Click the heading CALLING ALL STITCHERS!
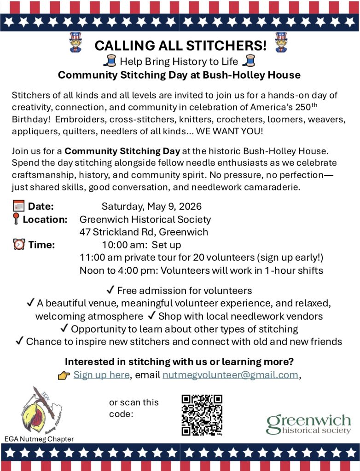[x=180, y=46]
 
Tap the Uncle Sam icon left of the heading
[x=75, y=43]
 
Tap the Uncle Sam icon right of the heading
[x=281, y=43]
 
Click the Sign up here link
[x=101, y=375]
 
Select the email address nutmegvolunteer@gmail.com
[x=230, y=375]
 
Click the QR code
[x=202, y=415]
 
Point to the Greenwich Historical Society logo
[x=308, y=424]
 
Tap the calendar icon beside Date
[x=19, y=207]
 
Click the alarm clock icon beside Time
[x=19, y=245]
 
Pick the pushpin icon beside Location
[x=16, y=219]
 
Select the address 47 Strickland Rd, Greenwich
[x=144, y=232]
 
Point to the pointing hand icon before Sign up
[x=64, y=375]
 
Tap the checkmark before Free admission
[x=110, y=290]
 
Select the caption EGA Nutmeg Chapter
[x=39, y=439]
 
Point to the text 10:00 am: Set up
[x=141, y=245]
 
